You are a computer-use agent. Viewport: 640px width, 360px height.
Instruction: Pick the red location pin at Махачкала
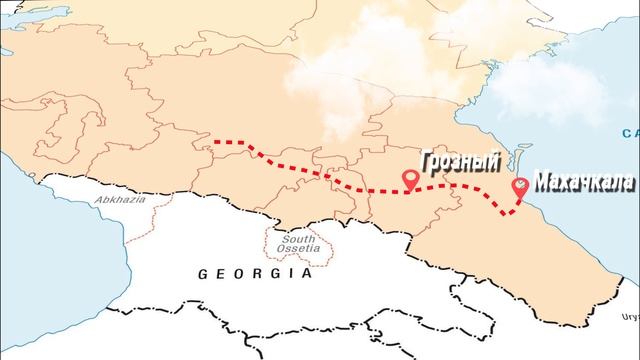[x=520, y=187]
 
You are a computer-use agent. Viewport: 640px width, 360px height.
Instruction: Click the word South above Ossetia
[x=299, y=239]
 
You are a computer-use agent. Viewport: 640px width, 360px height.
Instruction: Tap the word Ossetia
[x=299, y=249]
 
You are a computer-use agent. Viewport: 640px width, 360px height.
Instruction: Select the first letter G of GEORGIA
[x=205, y=272]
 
